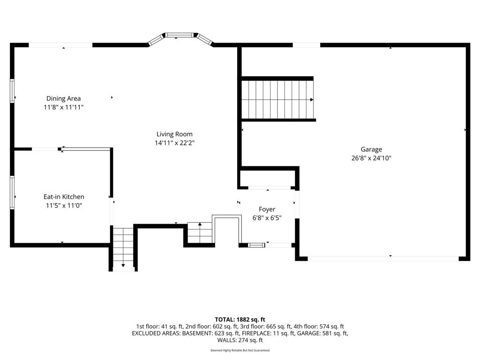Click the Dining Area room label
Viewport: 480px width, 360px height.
pos(63,98)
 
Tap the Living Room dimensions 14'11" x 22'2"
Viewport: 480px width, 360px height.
pos(174,142)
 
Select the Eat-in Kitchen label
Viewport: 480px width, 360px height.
pos(64,197)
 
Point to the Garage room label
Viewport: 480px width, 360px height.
pos(371,150)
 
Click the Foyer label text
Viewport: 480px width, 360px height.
pos(267,210)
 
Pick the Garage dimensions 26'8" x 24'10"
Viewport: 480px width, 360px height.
pos(371,158)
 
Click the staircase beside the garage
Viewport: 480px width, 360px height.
pos(278,99)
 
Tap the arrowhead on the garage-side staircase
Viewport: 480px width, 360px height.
pos(312,99)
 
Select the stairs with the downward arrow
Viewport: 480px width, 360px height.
pos(123,248)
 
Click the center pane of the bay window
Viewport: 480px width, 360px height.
pos(180,35)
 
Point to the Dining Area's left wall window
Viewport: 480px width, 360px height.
pos(12,90)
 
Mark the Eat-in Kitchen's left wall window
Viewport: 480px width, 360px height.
pos(12,192)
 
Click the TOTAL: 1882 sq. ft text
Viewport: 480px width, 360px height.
pos(240,320)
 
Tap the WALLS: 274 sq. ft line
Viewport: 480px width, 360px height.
pos(240,340)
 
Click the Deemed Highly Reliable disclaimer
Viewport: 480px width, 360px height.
pos(240,350)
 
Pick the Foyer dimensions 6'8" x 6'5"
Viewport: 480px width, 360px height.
pos(267,218)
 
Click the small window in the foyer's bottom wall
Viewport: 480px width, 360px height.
pos(256,245)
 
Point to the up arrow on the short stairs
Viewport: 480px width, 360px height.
pos(200,225)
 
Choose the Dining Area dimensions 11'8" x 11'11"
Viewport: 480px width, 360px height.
pos(64,107)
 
